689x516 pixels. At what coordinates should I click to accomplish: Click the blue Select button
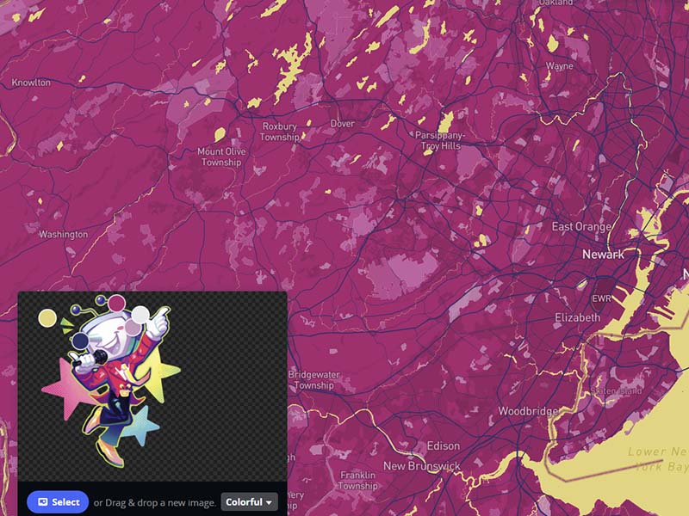coord(58,502)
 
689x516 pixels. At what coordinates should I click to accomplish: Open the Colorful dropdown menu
coord(249,502)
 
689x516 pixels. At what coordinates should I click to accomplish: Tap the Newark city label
coord(603,255)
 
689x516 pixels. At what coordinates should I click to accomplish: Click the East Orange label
coord(582,227)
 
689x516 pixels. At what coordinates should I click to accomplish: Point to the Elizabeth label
coord(577,317)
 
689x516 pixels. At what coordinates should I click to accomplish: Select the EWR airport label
coord(600,299)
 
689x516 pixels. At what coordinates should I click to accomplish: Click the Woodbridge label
coord(528,411)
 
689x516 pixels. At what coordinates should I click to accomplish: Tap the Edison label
coord(443,446)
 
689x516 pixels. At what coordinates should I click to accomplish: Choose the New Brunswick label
coord(422,466)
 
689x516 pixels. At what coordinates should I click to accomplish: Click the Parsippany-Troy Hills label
coord(440,141)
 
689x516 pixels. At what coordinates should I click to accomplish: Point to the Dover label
coord(342,124)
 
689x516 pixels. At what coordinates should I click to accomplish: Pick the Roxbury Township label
coord(280,132)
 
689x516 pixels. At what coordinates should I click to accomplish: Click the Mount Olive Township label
coord(221,157)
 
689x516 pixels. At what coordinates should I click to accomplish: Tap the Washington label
coord(63,234)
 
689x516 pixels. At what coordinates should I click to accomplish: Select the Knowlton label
coord(31,83)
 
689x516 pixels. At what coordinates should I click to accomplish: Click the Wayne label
coord(559,66)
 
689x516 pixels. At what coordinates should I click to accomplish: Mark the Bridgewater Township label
coord(313,380)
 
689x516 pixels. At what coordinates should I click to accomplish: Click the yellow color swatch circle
coord(47,319)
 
